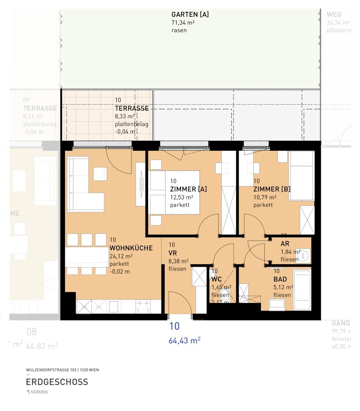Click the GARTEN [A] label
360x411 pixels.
[190, 14]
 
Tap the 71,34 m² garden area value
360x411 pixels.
[183, 23]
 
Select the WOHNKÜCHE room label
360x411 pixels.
[131, 248]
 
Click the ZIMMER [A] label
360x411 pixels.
[188, 189]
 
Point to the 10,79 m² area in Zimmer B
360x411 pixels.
[265, 198]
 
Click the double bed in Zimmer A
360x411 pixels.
[174, 193]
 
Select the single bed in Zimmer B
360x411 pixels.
[301, 175]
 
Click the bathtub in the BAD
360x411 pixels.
[302, 289]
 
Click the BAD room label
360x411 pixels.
[280, 279]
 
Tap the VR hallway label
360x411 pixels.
[172, 253]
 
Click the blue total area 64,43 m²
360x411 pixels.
[184, 341]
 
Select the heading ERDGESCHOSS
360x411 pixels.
[57, 382]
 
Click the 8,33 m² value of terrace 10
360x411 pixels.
[125, 116]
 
